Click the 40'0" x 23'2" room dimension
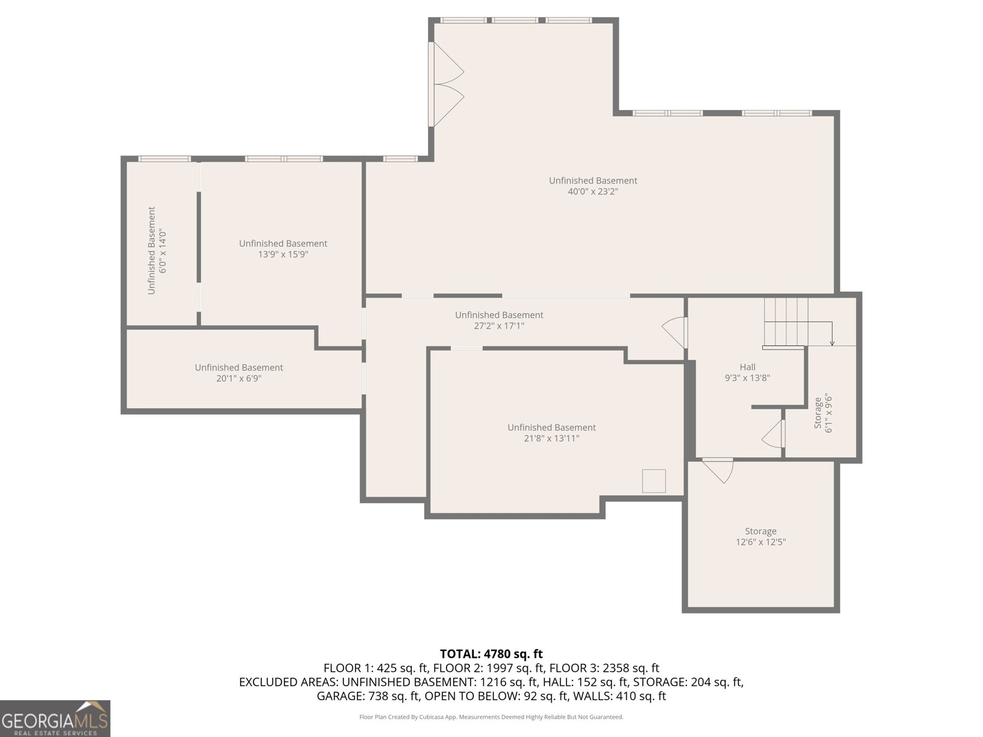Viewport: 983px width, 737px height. [x=592, y=192]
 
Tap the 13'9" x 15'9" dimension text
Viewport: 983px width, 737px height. [x=283, y=255]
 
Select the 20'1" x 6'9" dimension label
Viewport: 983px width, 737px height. [x=239, y=378]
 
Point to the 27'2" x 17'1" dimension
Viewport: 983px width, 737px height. [x=499, y=326]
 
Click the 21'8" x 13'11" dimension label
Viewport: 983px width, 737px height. [x=551, y=439]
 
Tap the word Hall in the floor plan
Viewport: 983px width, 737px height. [x=748, y=367]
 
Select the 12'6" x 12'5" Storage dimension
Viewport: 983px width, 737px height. [x=761, y=542]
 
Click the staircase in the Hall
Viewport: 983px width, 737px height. [x=786, y=323]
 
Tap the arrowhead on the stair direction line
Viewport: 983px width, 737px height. [x=832, y=343]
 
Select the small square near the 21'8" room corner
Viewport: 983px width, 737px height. [x=654, y=481]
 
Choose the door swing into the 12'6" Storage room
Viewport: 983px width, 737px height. [x=718, y=470]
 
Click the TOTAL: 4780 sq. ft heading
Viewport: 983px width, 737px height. [x=491, y=653]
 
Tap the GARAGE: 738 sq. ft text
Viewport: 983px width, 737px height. [x=367, y=696]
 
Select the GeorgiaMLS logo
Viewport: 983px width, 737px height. [x=55, y=718]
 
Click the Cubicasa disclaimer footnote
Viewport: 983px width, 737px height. [x=491, y=717]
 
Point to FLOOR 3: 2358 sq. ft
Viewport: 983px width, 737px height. [x=604, y=668]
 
